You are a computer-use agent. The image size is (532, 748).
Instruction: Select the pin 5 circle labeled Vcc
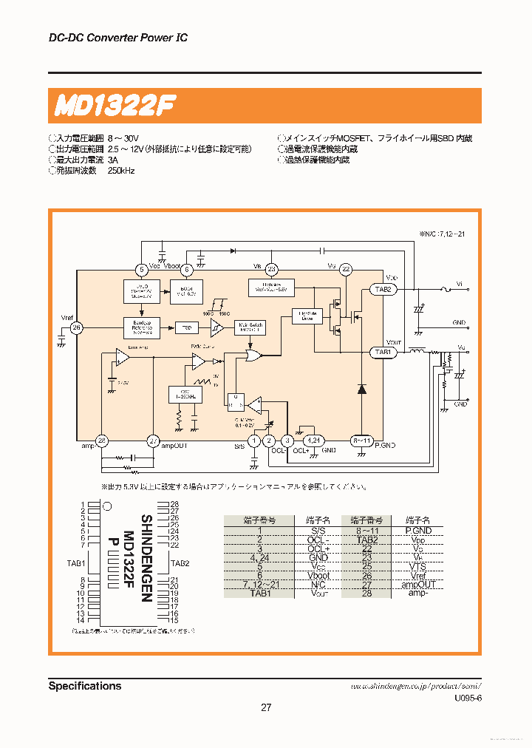point(142,270)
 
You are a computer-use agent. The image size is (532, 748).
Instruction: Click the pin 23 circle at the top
point(272,270)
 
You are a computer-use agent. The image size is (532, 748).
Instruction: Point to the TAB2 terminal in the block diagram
point(383,290)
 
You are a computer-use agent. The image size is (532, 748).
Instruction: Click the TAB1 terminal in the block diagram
point(383,353)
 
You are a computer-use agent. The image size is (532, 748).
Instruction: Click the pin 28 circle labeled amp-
point(102,441)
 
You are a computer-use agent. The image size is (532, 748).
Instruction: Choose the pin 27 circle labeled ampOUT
point(153,441)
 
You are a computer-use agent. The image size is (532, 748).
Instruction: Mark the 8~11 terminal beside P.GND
point(361,441)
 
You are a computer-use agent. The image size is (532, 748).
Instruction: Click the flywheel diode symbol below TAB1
point(362,390)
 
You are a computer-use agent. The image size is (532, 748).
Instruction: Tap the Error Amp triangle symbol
point(121,358)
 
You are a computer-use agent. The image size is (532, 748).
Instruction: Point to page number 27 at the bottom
point(266,707)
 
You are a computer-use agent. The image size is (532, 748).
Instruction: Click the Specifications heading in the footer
point(85,686)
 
